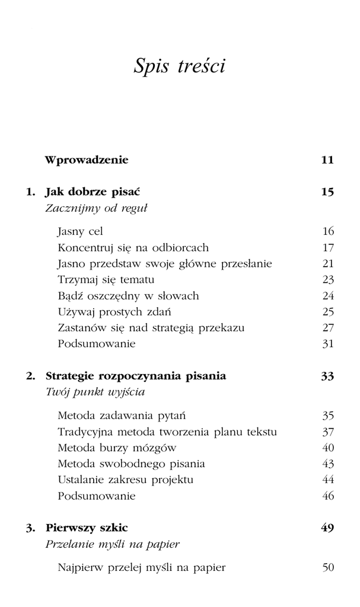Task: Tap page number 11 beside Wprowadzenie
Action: pos(327,160)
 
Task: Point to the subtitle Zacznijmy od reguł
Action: pos(96,209)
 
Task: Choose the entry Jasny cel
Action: pos(81,231)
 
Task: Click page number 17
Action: pos(328,247)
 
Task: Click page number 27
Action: pos(328,327)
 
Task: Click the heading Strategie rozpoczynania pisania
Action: pos(136,376)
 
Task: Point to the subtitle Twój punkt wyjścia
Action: pos(95,392)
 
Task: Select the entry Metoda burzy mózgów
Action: pos(117,448)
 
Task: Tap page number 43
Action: pos(328,464)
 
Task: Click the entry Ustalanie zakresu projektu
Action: pos(126,480)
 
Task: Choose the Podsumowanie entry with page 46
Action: pos(97,496)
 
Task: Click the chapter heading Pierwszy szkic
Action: pos(87,528)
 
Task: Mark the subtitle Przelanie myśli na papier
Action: pos(113,544)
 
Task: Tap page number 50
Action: pos(328,568)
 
